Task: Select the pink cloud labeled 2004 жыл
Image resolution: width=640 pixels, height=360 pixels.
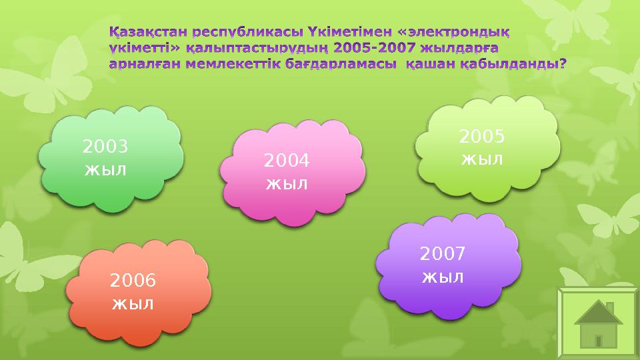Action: (292, 172)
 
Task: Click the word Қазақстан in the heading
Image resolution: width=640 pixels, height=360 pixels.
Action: (148, 32)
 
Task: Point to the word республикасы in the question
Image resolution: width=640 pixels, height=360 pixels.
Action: (247, 32)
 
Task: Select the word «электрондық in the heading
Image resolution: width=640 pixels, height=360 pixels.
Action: (444, 32)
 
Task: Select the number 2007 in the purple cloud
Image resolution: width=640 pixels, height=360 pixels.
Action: (442, 254)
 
